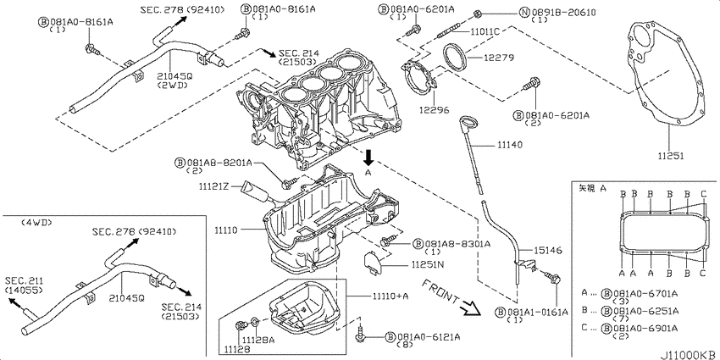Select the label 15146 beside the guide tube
point(535,250)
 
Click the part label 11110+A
point(391,296)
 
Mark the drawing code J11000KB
point(687,352)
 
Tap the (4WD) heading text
point(36,222)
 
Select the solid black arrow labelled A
point(368,156)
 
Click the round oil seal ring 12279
point(460,60)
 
